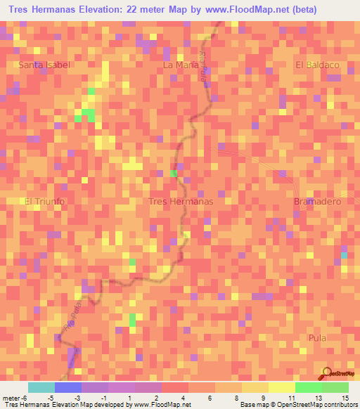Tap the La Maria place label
point(179,65)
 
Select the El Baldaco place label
point(317,65)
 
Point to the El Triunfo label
point(45,201)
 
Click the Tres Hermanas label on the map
point(181,201)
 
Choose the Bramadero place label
point(316,201)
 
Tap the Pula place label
point(318,338)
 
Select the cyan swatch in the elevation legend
point(41,387)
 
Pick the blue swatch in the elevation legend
point(68,387)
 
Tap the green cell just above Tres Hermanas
point(173,173)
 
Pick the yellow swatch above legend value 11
point(282,387)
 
